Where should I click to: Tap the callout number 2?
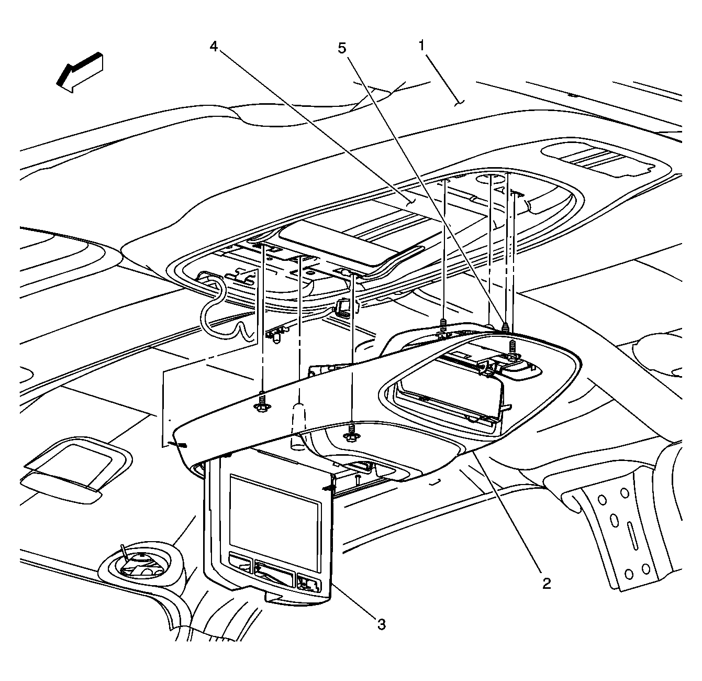[546, 583]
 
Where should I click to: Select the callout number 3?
[382, 624]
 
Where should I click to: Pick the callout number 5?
[341, 49]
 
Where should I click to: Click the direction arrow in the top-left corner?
[80, 72]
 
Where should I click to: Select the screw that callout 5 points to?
[506, 327]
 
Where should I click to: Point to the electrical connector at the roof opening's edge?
[343, 309]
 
